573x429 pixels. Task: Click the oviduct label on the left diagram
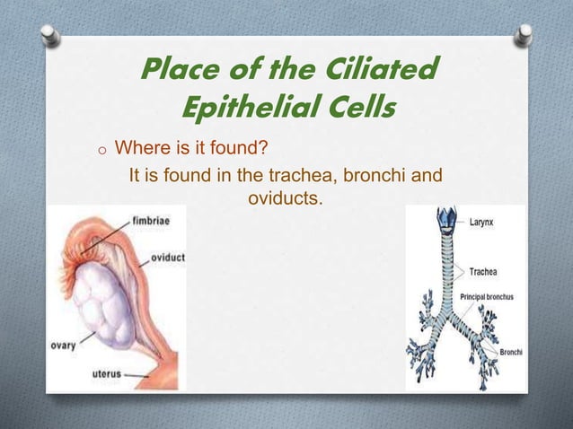[167, 258]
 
